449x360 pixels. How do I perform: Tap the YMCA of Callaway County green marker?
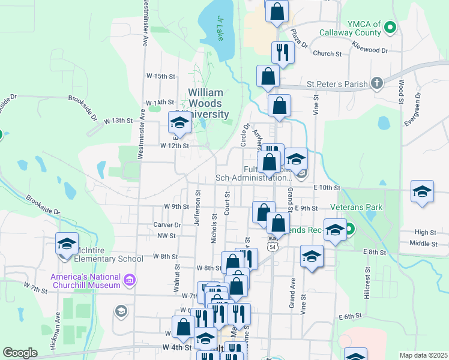390,27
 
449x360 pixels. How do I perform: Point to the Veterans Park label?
357,207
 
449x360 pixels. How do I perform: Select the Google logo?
20,353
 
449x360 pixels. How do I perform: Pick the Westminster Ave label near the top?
145,24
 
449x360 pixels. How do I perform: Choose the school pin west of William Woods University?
179,122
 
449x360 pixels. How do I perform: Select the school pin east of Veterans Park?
422,192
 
